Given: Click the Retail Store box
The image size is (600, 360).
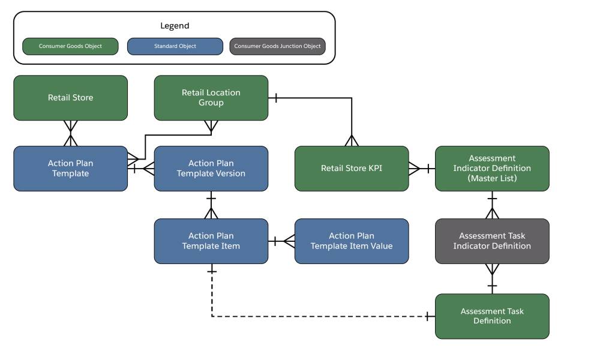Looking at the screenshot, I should coord(70,98).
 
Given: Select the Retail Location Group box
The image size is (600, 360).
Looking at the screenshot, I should coord(211,98).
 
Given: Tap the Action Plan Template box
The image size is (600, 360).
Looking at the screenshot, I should coord(70,169).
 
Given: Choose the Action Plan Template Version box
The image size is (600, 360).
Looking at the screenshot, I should coord(211,169).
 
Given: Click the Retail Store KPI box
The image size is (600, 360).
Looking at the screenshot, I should coord(351,169).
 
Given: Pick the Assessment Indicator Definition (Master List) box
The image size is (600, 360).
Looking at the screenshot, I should coord(491,169).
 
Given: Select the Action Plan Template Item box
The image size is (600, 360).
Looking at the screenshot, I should coord(211,241).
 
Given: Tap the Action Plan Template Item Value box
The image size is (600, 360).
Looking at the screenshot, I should coord(351,241).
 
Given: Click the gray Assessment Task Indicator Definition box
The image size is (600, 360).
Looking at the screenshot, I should coord(491,241).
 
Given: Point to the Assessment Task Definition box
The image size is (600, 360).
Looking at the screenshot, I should coord(491,316).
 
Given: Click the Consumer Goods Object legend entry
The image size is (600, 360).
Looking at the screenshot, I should coord(70,46).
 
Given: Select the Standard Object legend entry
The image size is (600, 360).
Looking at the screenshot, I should coord(175,46).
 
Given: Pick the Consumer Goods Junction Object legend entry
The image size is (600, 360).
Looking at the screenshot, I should coord(277,46).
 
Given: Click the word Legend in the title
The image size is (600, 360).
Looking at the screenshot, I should coord(175,26).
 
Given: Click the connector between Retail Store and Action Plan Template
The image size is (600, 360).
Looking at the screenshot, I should coord(71,133).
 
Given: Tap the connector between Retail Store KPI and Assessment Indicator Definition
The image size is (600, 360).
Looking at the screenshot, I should coord(421,169).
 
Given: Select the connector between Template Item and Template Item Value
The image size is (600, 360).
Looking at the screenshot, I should coord(281,241).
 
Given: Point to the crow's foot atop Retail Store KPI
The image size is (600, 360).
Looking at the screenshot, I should coord(351,141).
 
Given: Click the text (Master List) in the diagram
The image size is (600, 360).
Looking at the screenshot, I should coord(492,178).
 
